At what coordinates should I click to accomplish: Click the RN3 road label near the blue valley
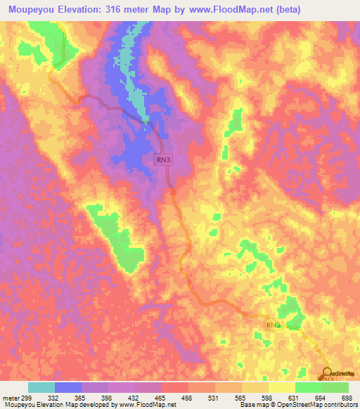pyautogui.click(x=163, y=160)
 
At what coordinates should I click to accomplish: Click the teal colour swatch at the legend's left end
pyautogui.click(x=41, y=387)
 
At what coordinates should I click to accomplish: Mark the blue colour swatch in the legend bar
pyautogui.click(x=68, y=387)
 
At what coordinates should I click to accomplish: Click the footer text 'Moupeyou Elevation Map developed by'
pyautogui.click(x=49, y=405)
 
